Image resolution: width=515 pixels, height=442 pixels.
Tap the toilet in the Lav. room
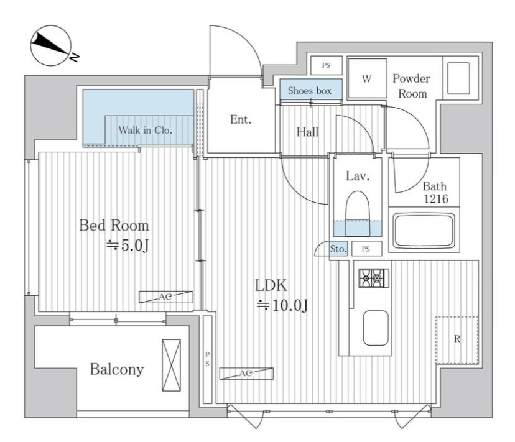point(358,213)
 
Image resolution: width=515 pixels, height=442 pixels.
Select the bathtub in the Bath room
point(424,231)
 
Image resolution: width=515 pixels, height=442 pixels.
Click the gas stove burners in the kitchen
point(374,278)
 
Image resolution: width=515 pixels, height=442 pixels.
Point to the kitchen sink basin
point(376,328)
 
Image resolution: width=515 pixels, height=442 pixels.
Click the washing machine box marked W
point(367,78)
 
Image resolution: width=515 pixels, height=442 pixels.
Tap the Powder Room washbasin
point(458,78)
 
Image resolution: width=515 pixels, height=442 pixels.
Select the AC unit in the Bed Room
point(165,297)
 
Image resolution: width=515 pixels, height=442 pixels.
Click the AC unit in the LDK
point(246,374)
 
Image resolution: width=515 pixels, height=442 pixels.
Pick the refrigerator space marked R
point(457,340)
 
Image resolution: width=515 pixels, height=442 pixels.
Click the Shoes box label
point(310,91)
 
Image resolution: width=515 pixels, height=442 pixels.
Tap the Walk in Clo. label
point(145,131)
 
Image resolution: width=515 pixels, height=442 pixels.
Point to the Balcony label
point(117,369)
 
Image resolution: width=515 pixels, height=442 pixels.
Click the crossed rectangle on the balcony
point(172,365)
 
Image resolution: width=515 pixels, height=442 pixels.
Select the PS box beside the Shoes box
point(326,65)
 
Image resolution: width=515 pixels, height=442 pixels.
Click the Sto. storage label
point(338,249)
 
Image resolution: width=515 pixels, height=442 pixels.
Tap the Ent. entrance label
point(241,119)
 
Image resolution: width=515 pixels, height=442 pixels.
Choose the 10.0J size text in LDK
point(282,306)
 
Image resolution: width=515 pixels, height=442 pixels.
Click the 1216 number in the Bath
point(436,199)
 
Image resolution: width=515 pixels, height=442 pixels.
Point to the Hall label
point(307,132)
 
